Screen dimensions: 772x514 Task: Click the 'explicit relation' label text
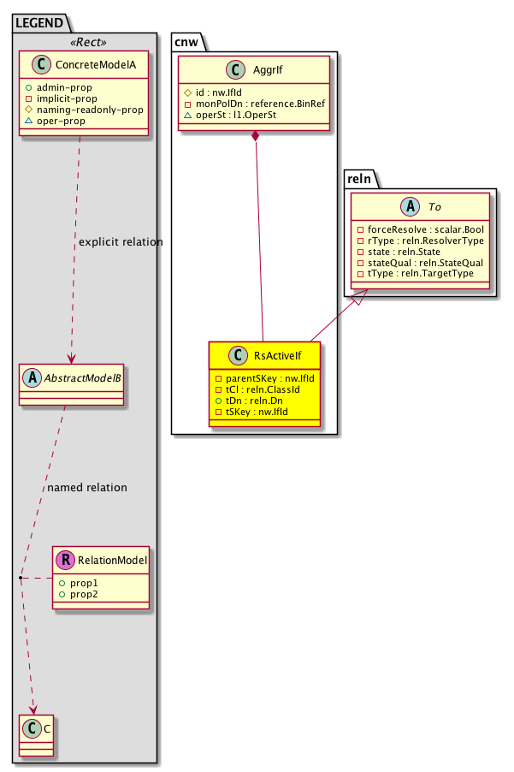click(x=120, y=242)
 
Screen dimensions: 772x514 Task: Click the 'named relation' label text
click(x=87, y=488)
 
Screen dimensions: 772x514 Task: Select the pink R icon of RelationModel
click(x=65, y=561)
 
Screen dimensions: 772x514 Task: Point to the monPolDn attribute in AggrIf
click(x=256, y=104)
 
